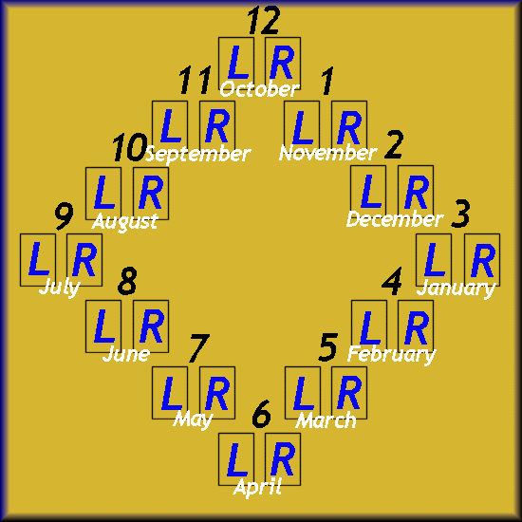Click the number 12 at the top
click(264, 21)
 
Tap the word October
click(259, 89)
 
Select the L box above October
click(236, 64)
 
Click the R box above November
click(349, 127)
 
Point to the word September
click(198, 154)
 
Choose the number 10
click(129, 147)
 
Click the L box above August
click(103, 194)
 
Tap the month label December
click(395, 219)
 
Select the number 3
click(460, 214)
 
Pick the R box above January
click(482, 260)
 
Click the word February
click(391, 354)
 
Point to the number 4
click(392, 281)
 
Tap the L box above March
click(303, 393)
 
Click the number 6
click(261, 414)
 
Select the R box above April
click(283, 459)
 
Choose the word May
click(193, 419)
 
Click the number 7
click(198, 348)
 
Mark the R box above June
click(151, 326)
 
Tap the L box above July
click(38, 260)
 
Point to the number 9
click(64, 216)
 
